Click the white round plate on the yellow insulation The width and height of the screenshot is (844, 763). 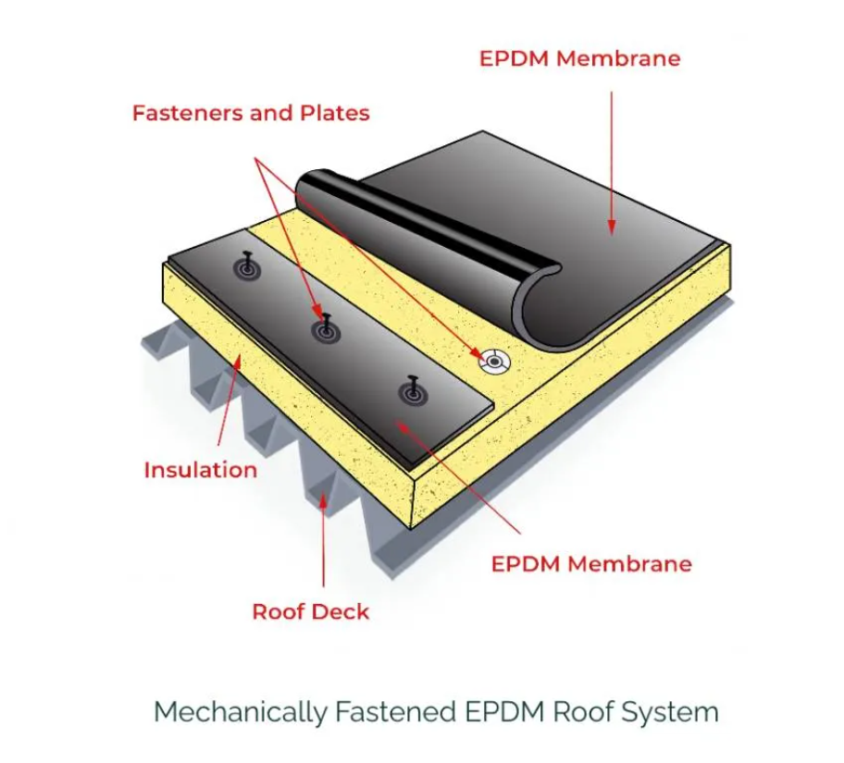492,360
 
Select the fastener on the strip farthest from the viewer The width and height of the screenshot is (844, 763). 248,267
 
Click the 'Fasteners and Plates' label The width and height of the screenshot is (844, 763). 251,113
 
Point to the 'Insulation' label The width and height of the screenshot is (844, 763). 200,470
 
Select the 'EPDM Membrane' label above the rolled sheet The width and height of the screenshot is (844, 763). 579,58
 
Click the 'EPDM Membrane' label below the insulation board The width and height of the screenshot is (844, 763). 591,563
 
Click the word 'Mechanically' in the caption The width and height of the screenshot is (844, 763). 240,712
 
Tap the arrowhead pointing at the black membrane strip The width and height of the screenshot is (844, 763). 402,424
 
